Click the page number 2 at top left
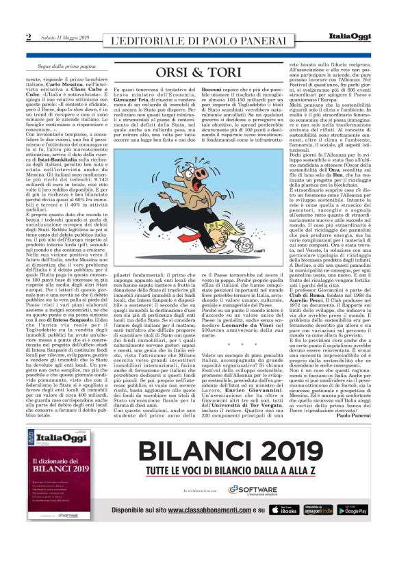pos(28,36)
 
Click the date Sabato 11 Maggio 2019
pos(60,37)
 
